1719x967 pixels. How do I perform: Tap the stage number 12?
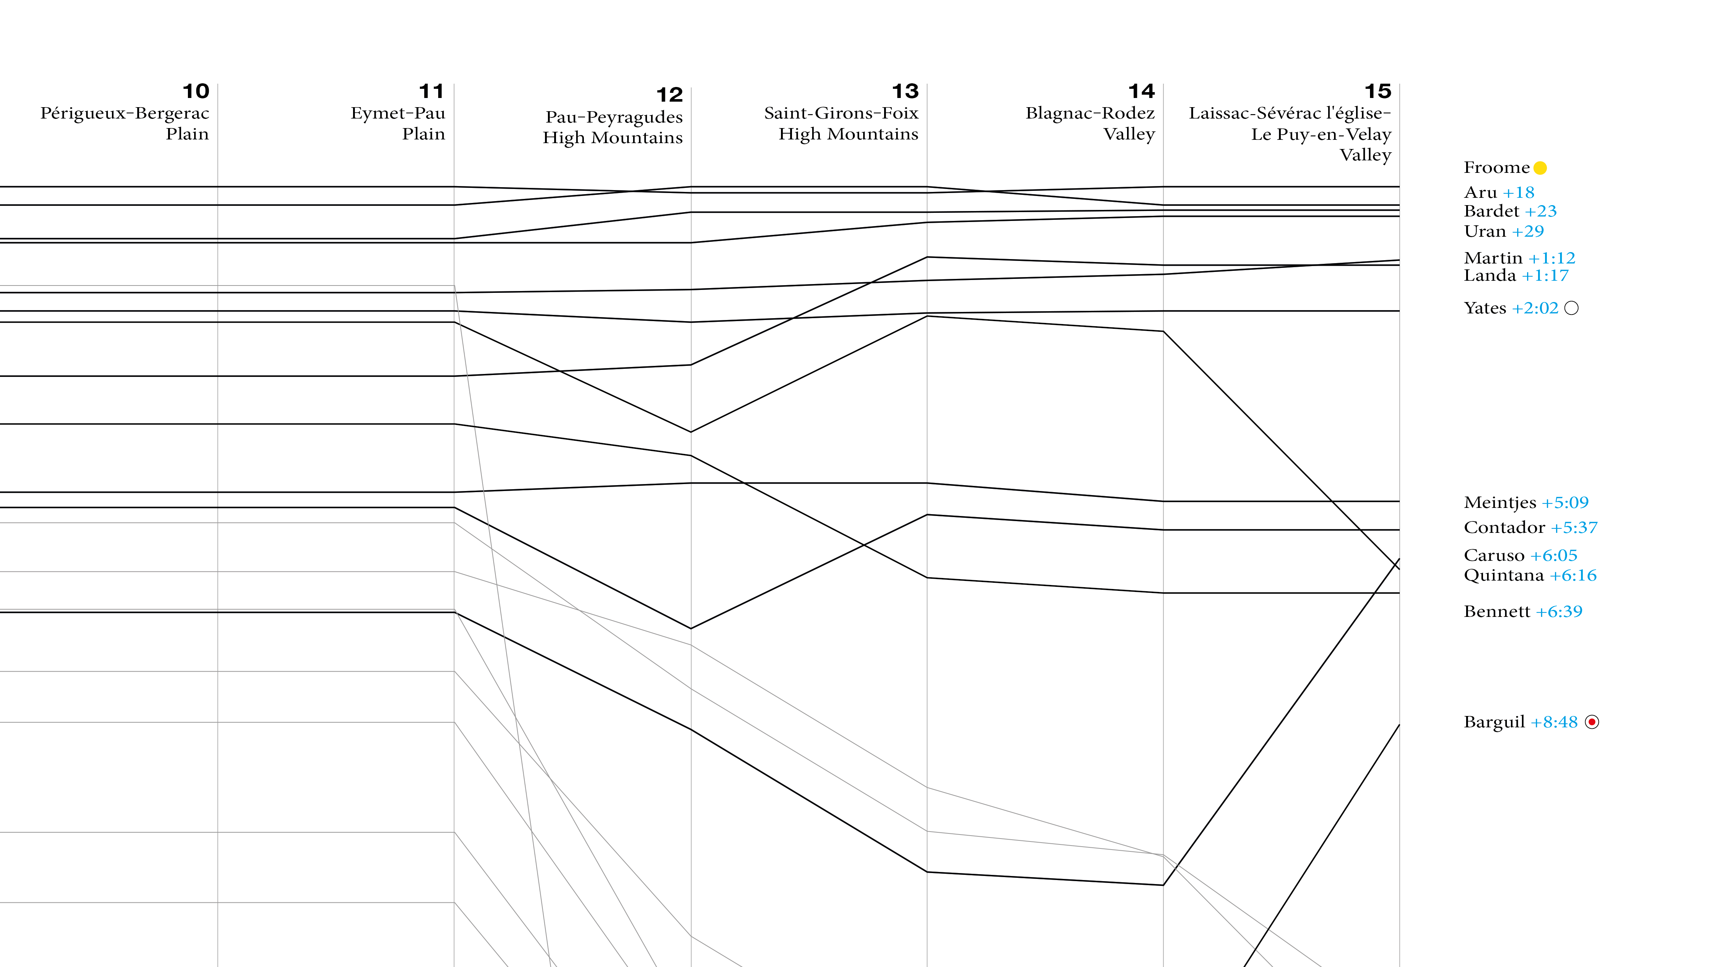click(669, 95)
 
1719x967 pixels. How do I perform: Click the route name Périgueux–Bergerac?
click(125, 113)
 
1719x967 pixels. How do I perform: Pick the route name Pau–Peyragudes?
click(614, 117)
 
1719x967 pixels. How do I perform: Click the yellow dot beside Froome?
click(1540, 168)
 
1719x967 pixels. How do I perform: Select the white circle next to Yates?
click(1571, 308)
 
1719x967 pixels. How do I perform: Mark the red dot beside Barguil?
click(1592, 722)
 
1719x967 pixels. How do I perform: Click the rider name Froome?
click(1496, 167)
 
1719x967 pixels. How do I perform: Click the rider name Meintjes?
click(1500, 502)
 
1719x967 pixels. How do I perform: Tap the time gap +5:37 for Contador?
click(1574, 528)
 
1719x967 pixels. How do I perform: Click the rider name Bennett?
click(1497, 611)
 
